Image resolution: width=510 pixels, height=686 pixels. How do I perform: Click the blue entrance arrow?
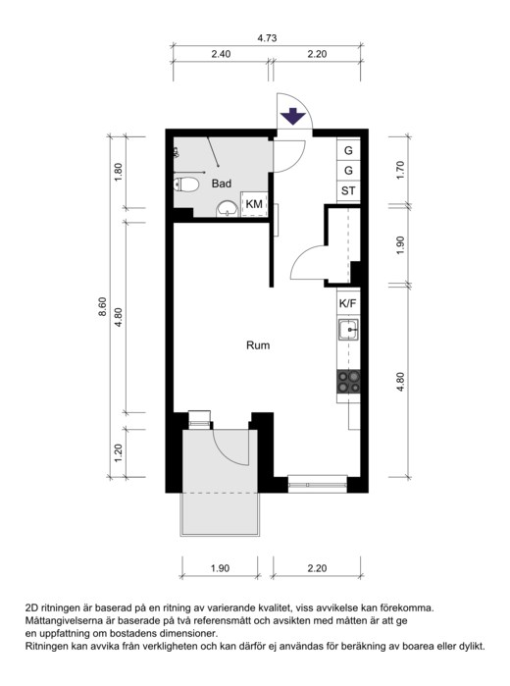(292, 117)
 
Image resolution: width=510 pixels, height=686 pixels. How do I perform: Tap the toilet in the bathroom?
(186, 185)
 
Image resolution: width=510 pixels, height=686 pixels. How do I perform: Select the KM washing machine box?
(254, 204)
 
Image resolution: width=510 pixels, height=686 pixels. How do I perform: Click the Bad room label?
(222, 184)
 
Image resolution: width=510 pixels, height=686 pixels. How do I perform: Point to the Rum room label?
(258, 345)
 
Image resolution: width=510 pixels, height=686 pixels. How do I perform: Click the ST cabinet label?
(348, 190)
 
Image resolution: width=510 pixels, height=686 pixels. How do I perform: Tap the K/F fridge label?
(348, 303)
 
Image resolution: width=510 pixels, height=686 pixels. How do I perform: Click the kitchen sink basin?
(348, 330)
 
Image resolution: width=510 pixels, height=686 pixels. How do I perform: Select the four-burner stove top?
(348, 382)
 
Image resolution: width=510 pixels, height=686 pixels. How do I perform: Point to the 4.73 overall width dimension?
(267, 38)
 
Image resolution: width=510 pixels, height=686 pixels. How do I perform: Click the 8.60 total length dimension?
(102, 307)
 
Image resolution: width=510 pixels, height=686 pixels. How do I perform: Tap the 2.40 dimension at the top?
(221, 54)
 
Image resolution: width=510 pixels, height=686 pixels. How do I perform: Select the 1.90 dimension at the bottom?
(220, 568)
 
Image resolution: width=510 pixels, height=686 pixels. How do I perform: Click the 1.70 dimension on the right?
(401, 171)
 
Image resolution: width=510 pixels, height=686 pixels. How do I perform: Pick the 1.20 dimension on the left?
(118, 453)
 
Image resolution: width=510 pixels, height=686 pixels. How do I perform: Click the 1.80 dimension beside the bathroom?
(118, 173)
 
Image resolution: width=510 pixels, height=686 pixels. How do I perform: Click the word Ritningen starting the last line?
(49, 646)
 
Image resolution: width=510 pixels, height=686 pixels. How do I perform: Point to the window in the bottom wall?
(317, 484)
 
